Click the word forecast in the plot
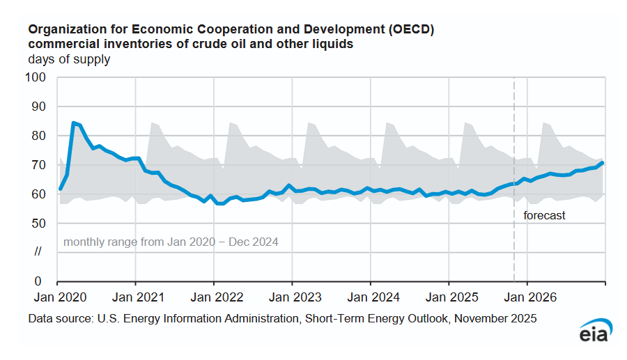[x=544, y=216]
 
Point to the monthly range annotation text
[x=171, y=242]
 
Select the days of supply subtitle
[x=69, y=59]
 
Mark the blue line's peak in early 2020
[x=74, y=123]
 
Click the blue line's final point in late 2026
[x=603, y=163]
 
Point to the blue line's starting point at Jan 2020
[x=60, y=189]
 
